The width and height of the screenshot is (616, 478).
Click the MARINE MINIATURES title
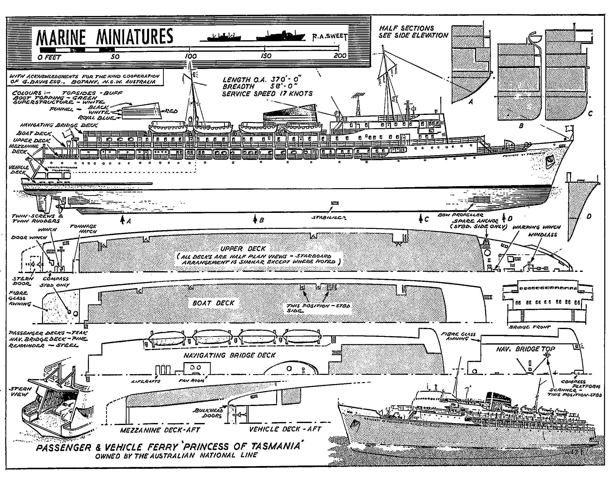tap(104, 37)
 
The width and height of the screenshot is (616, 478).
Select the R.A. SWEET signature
tap(329, 36)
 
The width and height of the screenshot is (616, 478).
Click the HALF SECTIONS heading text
tap(406, 28)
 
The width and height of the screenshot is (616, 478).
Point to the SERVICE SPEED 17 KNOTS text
tap(267, 94)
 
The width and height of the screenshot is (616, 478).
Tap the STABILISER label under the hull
tap(329, 218)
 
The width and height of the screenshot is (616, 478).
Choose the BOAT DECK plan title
tap(213, 303)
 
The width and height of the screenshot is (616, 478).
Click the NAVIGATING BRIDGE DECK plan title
tap(229, 355)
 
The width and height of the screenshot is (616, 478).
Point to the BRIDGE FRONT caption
tap(529, 327)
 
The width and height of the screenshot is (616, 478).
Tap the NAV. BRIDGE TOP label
tap(525, 349)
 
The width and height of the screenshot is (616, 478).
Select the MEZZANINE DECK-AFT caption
tap(160, 430)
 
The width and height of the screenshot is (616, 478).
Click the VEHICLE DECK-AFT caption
tap(285, 429)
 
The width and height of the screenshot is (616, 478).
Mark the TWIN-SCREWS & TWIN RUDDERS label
tap(37, 218)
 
